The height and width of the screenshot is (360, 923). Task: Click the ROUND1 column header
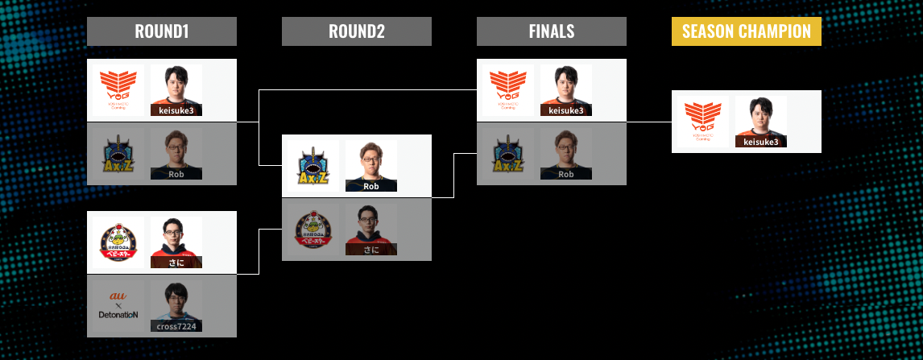(161, 31)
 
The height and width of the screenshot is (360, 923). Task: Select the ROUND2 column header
(356, 31)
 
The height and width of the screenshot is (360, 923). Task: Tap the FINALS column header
(551, 31)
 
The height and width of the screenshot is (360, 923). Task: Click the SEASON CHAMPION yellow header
(746, 31)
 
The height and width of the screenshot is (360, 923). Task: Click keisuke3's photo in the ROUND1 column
(176, 87)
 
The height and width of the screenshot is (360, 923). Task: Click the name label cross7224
(176, 326)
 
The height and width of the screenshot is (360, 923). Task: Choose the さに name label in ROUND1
(176, 262)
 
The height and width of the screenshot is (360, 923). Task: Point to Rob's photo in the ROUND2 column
(370, 163)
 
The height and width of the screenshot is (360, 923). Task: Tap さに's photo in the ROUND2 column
(370, 227)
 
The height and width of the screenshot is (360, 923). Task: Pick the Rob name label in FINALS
(565, 174)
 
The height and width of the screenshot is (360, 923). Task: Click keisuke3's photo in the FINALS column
(565, 87)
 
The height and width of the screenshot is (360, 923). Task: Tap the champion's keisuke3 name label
(760, 142)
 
